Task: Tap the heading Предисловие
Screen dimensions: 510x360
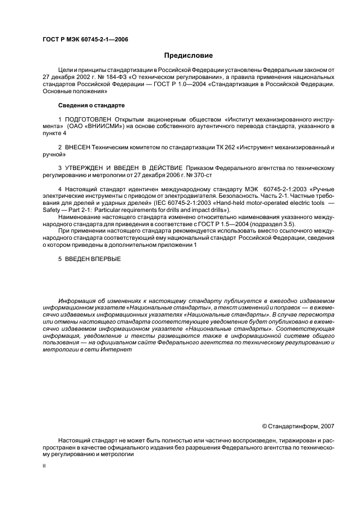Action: pyautogui.click(x=188, y=56)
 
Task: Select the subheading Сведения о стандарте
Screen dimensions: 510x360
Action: pyautogui.click(x=91, y=105)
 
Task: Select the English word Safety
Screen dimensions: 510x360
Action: pyautogui.click(x=52, y=211)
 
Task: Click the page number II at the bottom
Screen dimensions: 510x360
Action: pyautogui.click(x=44, y=467)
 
